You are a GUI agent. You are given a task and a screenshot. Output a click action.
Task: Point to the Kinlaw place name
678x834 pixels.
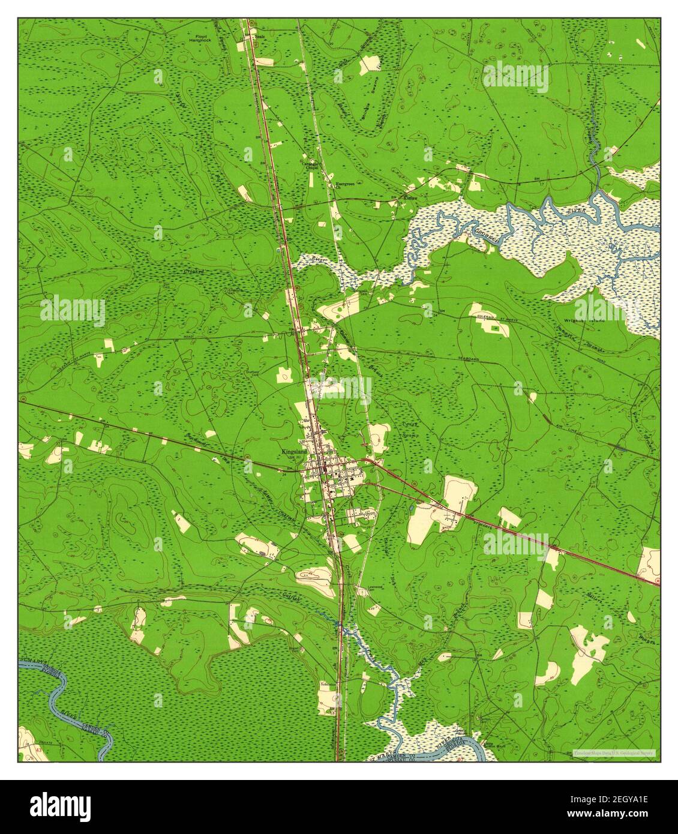point(410,196)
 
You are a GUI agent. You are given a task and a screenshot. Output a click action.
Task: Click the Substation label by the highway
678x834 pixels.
point(328,683)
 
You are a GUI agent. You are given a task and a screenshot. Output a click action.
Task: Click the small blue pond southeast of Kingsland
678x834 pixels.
point(411,508)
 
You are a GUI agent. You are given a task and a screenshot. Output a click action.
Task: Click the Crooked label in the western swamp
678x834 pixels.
point(194,272)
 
